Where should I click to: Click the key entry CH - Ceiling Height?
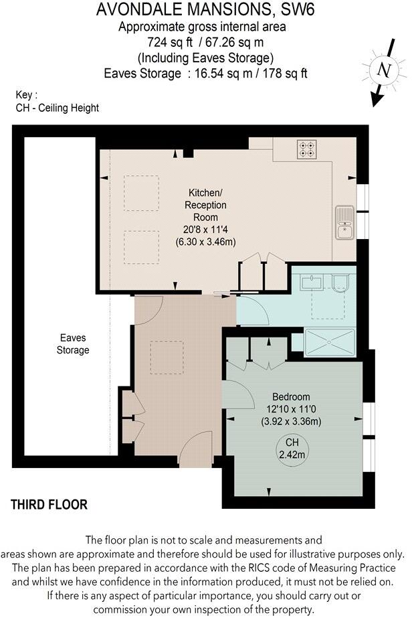(x=57, y=108)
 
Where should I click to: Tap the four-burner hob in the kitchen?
(x=307, y=149)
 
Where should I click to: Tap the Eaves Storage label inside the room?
(x=73, y=344)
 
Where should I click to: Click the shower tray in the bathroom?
(x=330, y=341)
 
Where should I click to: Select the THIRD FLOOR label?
(x=49, y=505)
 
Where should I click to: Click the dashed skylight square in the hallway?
(x=166, y=358)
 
